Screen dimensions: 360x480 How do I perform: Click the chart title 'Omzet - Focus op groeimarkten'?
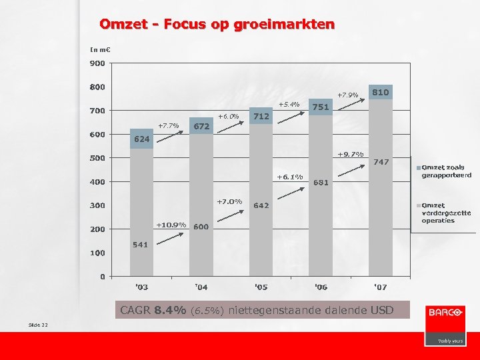click(x=217, y=25)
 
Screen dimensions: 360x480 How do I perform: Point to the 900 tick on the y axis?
click(x=97, y=63)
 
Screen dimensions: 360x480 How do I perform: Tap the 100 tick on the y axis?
click(x=97, y=253)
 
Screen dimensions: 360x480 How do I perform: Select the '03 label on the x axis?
click(x=141, y=287)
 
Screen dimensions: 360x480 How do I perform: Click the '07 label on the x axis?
click(x=379, y=287)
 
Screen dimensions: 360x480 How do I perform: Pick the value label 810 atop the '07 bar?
click(x=381, y=91)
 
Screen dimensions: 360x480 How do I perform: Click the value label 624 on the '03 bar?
click(x=141, y=139)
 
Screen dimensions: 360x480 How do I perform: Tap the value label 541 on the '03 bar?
click(x=140, y=244)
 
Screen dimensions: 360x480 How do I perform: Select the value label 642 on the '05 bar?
click(x=261, y=205)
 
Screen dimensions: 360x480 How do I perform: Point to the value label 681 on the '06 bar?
click(x=321, y=182)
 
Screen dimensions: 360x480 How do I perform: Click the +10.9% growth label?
click(x=171, y=224)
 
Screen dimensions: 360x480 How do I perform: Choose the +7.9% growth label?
click(x=347, y=95)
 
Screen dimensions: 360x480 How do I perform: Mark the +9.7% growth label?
click(x=350, y=154)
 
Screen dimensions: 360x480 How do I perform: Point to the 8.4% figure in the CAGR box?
click(x=170, y=310)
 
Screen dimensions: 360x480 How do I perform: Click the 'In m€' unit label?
click(x=100, y=49)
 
